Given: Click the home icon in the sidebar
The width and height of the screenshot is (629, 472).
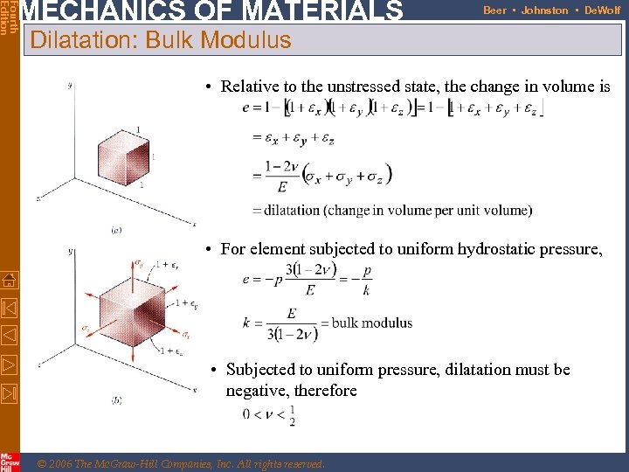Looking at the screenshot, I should (x=10, y=280).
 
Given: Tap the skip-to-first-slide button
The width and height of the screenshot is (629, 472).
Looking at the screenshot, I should (x=10, y=308).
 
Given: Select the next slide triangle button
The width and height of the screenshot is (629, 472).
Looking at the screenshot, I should (x=10, y=364).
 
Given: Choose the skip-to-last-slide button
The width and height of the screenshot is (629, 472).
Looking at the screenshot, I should (x=10, y=393).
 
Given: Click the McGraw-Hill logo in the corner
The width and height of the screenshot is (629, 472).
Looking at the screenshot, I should (x=10, y=461).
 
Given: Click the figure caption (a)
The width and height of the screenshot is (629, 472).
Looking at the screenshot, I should (x=116, y=229).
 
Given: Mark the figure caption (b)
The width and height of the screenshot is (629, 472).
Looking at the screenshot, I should (x=116, y=400).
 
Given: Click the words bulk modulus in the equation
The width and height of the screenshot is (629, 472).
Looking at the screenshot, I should (x=372, y=323).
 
